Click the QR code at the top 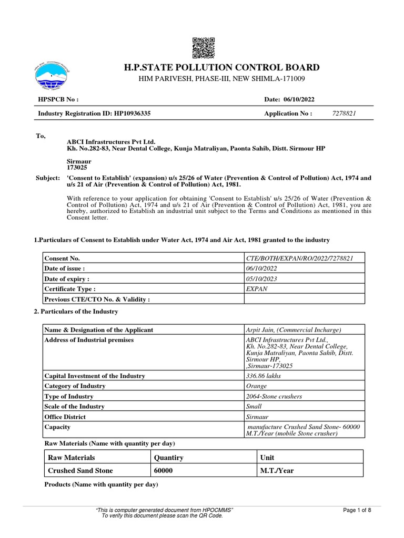(204, 48)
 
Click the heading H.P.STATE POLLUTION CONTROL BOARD (221, 67)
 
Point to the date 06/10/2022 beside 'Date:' (299, 100)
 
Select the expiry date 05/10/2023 (262, 278)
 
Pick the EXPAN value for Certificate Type (256, 288)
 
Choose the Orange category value (257, 386)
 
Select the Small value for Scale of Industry (254, 406)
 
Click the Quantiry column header (168, 458)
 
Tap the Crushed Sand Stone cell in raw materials (80, 471)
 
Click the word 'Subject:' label (47, 178)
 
